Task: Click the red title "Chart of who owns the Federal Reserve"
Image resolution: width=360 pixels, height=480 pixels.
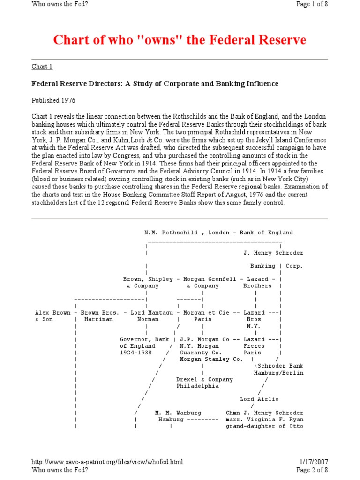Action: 180,40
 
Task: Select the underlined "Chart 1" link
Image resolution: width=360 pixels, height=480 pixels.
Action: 42,67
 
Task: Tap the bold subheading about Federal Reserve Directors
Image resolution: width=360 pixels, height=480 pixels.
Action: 155,84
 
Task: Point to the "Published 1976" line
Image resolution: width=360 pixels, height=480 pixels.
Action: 53,100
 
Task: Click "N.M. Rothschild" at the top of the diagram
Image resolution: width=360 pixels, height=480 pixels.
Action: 171,232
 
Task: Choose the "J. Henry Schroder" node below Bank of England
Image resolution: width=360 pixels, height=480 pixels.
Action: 273,253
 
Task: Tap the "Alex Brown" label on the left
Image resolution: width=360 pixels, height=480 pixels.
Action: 53,313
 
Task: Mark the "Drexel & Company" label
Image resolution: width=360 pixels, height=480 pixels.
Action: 204,380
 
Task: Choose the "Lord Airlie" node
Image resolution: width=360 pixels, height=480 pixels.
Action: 259,399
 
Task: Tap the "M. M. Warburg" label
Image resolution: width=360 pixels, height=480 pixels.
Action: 178,413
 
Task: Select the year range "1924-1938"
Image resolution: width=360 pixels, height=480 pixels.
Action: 135,352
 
